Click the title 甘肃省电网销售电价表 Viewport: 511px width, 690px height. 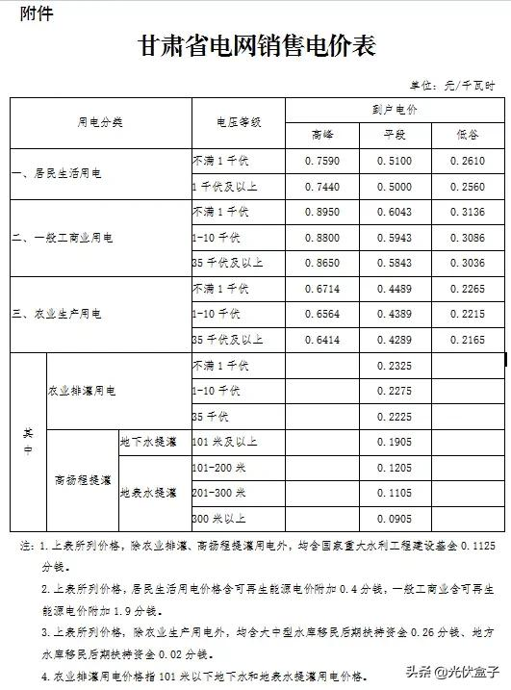click(x=255, y=45)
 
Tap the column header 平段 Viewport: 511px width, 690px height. click(x=396, y=134)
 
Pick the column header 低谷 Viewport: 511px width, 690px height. click(x=469, y=134)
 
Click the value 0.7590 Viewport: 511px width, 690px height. click(x=321, y=162)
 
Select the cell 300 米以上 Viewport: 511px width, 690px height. click(x=218, y=518)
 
